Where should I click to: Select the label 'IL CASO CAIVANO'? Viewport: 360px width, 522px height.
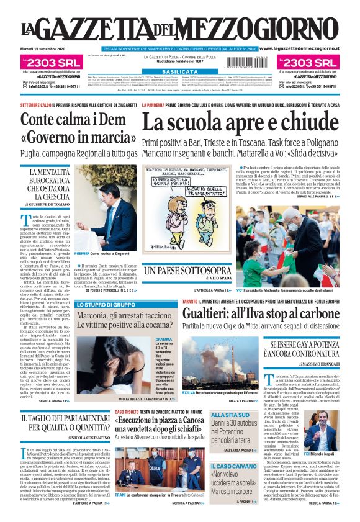(231, 465)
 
